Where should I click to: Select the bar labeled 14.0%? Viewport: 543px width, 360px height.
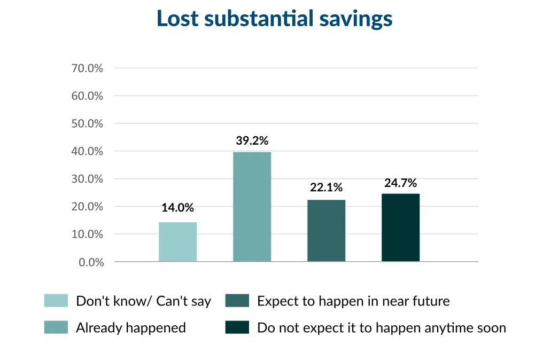coord(177,241)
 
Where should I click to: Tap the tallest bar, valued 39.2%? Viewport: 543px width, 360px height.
coord(252,207)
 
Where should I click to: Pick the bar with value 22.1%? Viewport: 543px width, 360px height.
coord(326,230)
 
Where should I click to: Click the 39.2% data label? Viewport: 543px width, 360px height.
coord(252,141)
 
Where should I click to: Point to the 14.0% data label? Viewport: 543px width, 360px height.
coord(177,208)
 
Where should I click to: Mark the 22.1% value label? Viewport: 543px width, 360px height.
coord(326,187)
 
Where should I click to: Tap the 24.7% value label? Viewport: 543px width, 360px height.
coord(400,183)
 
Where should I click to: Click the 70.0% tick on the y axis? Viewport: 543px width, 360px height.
coord(87,68)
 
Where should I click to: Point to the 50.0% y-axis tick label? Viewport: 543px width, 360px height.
coord(87,123)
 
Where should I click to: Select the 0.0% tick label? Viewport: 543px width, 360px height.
coord(91,262)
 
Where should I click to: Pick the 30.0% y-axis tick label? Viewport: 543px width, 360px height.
coord(87,179)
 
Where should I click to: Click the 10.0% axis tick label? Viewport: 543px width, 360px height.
coord(87,234)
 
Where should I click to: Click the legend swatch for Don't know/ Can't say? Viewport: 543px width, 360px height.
coord(56,301)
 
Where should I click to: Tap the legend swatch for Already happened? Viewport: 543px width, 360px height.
coord(56,327)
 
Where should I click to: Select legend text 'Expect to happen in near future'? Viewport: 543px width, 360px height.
coord(353,301)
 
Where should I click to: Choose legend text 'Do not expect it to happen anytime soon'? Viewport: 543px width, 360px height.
coord(381,328)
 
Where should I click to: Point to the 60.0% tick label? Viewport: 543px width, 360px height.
coord(87,96)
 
